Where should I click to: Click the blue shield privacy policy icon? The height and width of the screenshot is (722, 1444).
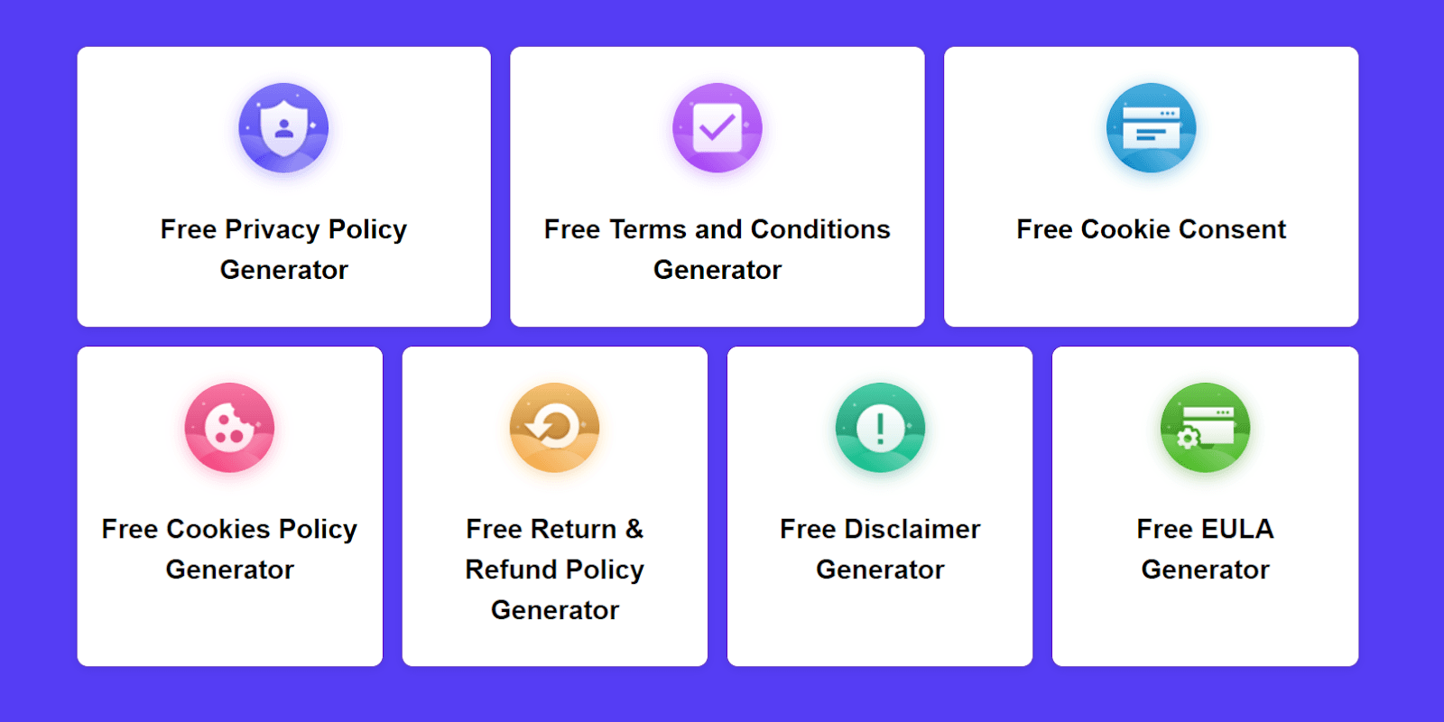coord(283,127)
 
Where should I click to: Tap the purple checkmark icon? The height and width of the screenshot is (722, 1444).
coord(717,127)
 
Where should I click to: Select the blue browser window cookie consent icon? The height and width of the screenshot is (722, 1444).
coord(1151,127)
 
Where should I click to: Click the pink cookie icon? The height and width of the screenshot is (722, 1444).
coord(229,428)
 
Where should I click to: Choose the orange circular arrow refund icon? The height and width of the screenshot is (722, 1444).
coord(554,428)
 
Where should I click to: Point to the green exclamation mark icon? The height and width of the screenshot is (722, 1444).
coord(880,428)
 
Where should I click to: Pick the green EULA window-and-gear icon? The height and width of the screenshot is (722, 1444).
coord(1205,428)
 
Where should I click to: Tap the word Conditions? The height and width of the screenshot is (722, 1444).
coord(820,229)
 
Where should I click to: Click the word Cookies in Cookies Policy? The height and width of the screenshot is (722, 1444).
coord(218,529)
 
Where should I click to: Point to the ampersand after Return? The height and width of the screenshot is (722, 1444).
coord(634,529)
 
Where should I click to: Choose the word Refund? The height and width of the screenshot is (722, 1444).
coord(511,569)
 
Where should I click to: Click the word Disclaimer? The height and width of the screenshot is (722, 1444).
coord(912,529)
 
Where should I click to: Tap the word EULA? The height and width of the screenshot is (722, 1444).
coord(1237,529)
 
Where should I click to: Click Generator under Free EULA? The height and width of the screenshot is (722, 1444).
coord(1205,569)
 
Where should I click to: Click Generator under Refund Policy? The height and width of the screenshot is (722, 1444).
coord(554,610)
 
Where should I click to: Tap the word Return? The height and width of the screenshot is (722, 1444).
coord(574,529)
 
